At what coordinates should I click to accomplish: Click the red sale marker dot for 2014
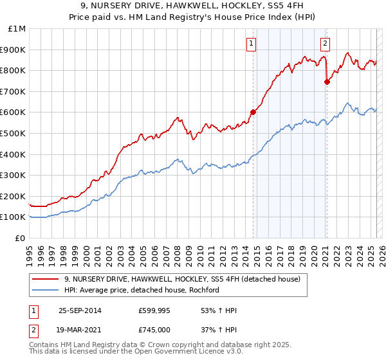253,112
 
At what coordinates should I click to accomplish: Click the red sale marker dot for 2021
327,82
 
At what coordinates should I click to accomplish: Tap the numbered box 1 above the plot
250,44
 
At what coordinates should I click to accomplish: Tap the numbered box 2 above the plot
325,44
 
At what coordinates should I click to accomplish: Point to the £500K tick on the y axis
13,133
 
